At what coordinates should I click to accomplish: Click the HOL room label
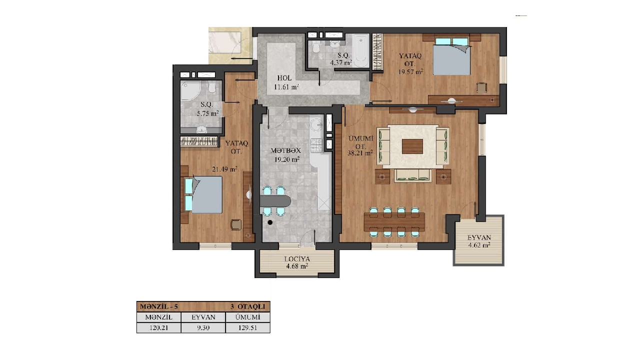(x=284, y=78)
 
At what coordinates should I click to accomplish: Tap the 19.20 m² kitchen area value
(x=287, y=159)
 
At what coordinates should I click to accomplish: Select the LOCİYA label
(x=297, y=259)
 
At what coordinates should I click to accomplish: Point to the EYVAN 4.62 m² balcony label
(x=479, y=241)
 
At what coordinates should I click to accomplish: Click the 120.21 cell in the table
(x=159, y=328)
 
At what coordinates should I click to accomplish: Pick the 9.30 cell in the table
(x=203, y=328)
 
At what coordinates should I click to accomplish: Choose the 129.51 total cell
(x=247, y=328)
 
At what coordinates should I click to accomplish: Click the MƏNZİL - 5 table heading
(x=159, y=307)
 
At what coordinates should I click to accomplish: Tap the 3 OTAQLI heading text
(x=247, y=307)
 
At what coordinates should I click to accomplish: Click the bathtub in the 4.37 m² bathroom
(x=360, y=50)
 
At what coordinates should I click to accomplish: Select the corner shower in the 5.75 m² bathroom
(x=190, y=90)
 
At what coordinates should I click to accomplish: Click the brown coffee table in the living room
(x=412, y=146)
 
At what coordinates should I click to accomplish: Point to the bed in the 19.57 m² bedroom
(x=451, y=56)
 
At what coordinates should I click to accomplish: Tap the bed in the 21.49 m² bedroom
(x=203, y=194)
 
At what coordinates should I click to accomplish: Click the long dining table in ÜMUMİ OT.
(x=394, y=222)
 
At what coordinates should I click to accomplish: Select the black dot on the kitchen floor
(x=270, y=222)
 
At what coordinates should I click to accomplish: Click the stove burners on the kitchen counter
(x=316, y=145)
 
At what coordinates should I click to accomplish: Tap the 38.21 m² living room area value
(x=359, y=153)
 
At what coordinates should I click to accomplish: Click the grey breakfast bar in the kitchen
(x=275, y=201)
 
